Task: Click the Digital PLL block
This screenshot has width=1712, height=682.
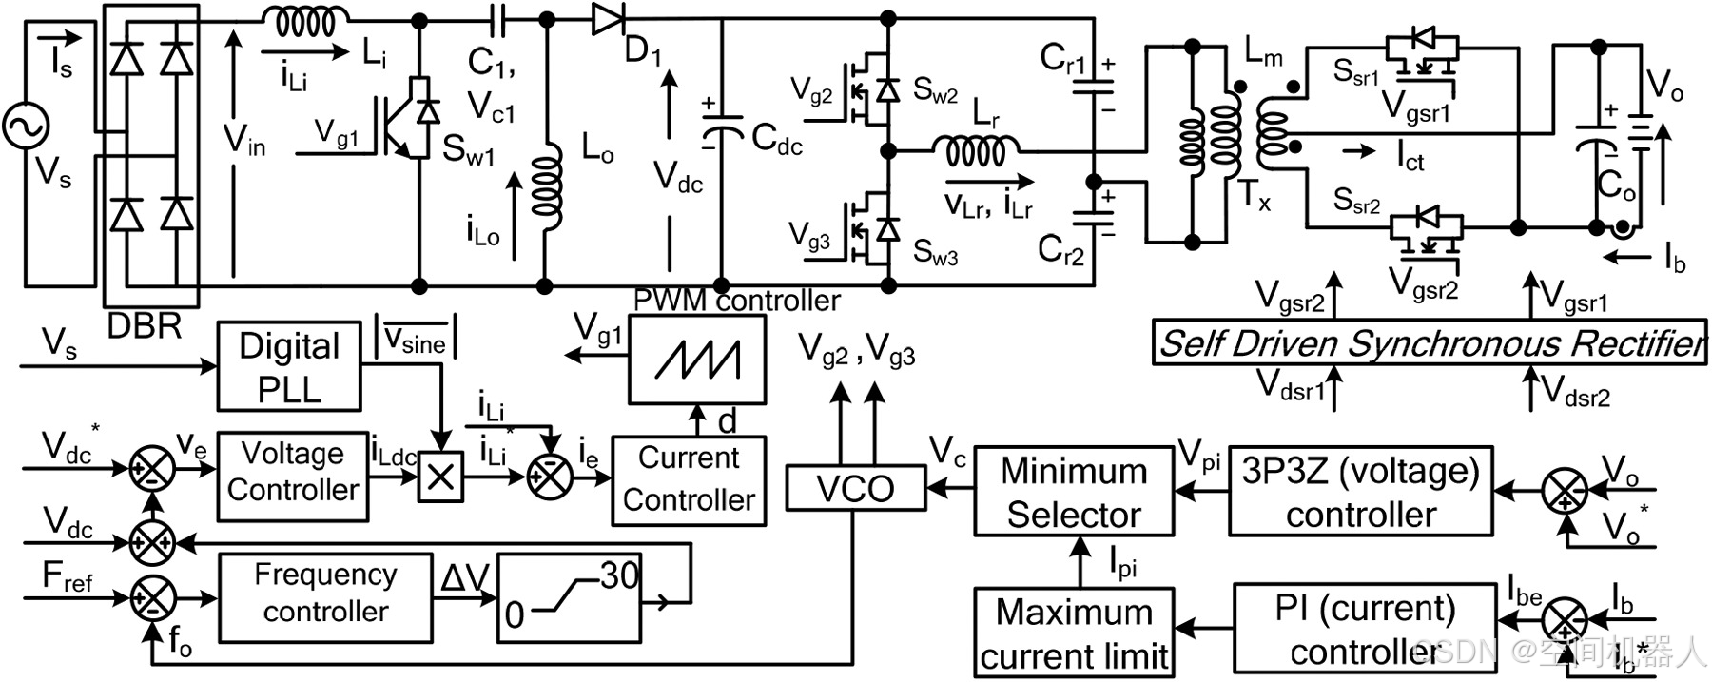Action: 289,367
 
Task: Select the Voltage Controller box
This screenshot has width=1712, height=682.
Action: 293,476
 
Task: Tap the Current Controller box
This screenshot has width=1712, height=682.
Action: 689,480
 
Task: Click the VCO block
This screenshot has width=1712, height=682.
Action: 855,489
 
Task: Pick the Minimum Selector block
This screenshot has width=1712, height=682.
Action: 1074,492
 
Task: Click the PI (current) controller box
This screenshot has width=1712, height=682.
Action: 1364,629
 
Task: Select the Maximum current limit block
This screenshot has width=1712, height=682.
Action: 1074,633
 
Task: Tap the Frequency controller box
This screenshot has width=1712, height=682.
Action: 325,594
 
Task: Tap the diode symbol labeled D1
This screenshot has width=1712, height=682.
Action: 607,18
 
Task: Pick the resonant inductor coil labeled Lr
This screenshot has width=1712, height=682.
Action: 975,150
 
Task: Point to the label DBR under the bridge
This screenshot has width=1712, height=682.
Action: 144,326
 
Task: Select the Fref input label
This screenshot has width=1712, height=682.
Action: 67,577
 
